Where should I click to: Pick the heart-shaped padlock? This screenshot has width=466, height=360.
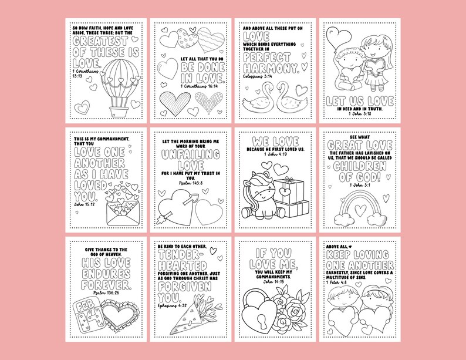257,309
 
